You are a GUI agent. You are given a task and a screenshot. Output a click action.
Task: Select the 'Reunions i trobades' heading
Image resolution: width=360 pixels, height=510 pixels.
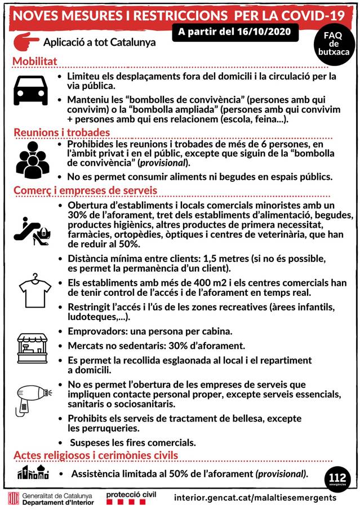tap(61, 132)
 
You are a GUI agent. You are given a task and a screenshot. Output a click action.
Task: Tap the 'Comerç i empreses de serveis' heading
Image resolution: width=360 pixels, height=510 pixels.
tap(85, 190)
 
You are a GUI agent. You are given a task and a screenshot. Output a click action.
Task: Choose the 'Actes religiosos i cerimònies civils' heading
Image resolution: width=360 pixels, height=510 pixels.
tap(95, 455)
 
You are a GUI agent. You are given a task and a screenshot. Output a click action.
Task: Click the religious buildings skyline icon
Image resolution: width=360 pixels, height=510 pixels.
tap(32, 472)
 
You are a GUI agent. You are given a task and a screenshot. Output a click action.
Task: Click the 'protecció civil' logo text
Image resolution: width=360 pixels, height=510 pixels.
tap(130, 494)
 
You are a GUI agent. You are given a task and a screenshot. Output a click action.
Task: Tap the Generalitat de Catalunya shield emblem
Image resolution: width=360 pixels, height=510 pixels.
tap(12, 498)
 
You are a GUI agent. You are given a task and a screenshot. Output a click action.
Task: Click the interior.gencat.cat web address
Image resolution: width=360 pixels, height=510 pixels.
tap(255, 498)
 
